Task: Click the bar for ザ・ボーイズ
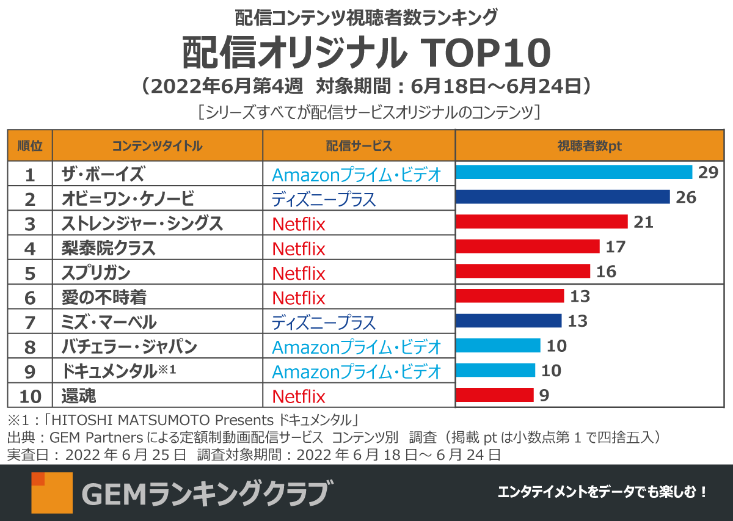pos(574,172)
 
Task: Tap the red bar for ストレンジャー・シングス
pos(542,222)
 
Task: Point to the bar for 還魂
pos(495,395)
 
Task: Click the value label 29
pos(708,172)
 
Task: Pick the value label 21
pos(643,222)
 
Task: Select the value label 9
pos(544,396)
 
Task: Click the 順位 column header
pos(30,146)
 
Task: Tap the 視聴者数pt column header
pos(589,146)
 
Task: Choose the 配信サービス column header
pos(359,146)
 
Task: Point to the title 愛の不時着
pos(104,297)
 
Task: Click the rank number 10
pos(30,397)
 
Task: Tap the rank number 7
pos(30,322)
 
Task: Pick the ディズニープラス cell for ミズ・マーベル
pos(324,322)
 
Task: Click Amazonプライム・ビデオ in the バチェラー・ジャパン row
pos(356,348)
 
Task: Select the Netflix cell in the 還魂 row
pos(299,397)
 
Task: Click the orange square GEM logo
pos(51,492)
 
